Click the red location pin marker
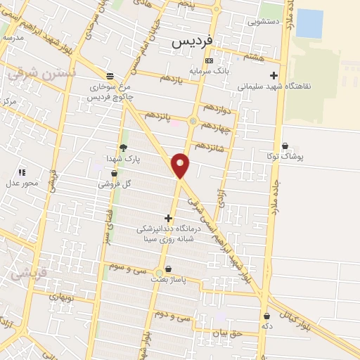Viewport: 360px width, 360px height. coord(181,165)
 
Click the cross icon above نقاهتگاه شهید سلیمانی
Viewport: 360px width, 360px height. coord(274,76)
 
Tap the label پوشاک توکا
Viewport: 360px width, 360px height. coord(285,156)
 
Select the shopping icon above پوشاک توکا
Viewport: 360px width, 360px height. coord(285,146)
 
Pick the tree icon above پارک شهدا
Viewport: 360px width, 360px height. coord(124,148)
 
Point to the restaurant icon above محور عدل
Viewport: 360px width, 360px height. coord(22,172)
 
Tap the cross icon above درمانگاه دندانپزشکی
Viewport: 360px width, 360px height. coord(167,218)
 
